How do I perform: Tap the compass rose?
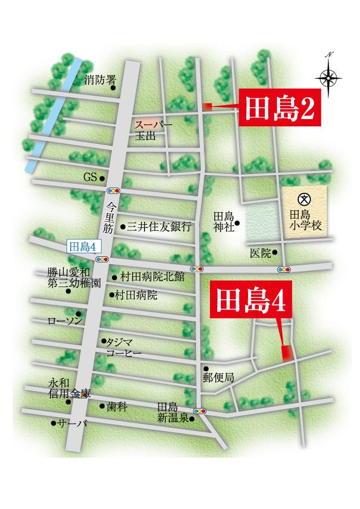coord(329,77)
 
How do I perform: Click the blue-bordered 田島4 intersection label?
coord(84,245)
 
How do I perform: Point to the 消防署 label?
coord(100,79)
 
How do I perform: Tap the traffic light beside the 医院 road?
coord(283,269)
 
